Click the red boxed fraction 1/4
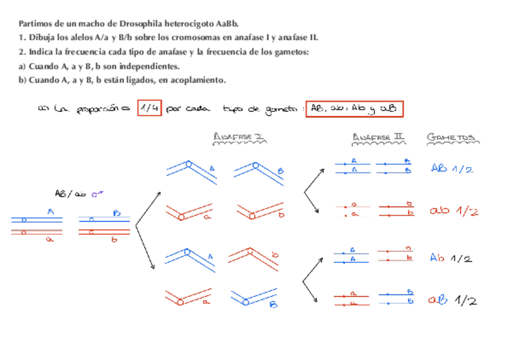coord(149,108)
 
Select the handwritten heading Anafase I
coord(239,138)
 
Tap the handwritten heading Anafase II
coord(378,138)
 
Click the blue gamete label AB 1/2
coord(452,169)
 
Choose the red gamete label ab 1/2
coord(453,211)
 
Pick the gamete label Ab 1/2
coord(451,258)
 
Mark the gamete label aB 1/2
coord(452,300)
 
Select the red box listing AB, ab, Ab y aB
coord(354,109)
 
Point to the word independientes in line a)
coord(146,66)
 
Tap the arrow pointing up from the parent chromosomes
coord(149,207)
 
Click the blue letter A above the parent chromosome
coord(51,211)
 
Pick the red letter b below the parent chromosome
coord(114,240)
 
